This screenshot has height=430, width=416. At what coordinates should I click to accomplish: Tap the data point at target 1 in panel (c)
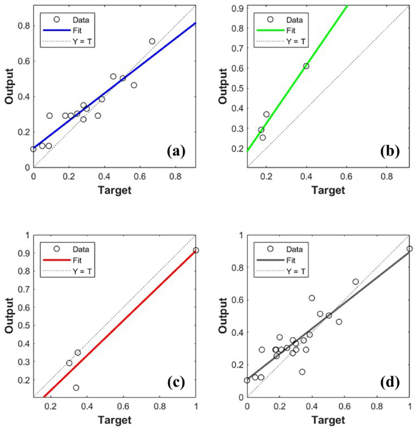point(196,250)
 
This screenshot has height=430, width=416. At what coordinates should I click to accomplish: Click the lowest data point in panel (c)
point(76,388)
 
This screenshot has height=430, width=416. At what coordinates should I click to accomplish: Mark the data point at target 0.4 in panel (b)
point(306,66)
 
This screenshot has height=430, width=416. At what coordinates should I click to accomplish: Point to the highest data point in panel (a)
point(152,41)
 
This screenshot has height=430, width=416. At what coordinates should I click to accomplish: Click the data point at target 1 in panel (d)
point(409,249)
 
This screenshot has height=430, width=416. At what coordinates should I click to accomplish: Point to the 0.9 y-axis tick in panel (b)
point(239,8)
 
